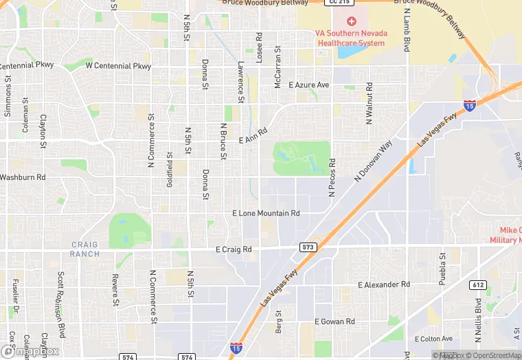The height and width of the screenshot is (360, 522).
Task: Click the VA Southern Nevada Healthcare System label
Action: [x=352, y=38]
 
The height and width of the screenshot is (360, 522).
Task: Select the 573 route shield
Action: [x=308, y=246]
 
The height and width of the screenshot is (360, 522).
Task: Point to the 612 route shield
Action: [x=477, y=284]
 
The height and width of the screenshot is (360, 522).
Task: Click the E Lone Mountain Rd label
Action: [x=266, y=214]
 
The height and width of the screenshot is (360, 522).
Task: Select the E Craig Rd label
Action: [x=234, y=249]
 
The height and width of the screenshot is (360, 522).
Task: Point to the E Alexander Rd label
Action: [x=383, y=284]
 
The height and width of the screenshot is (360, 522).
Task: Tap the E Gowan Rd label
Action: [x=334, y=322]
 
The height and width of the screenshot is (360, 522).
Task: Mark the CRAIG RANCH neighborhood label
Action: [x=84, y=249]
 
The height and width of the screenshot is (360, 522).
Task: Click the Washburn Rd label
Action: [x=23, y=177]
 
